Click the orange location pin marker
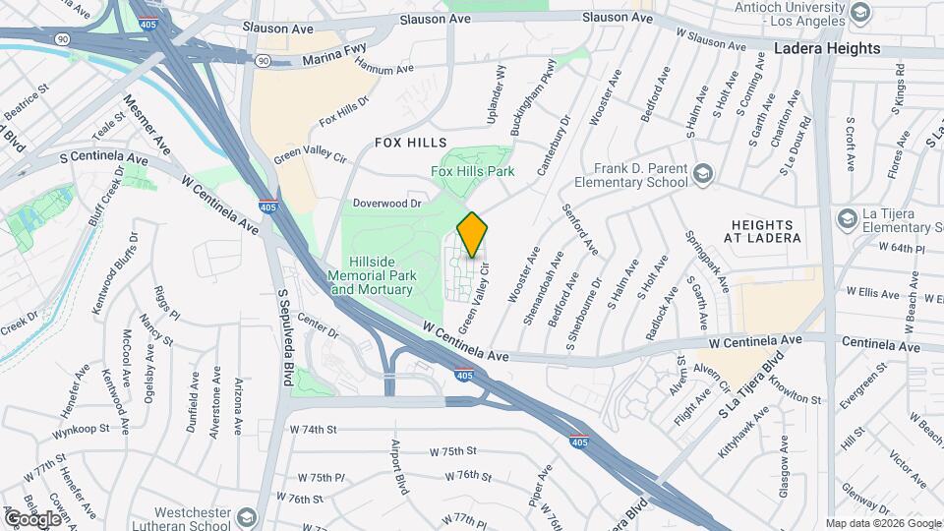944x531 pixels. click(473, 234)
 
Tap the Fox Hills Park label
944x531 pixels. click(473, 171)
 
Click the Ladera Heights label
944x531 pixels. click(826, 48)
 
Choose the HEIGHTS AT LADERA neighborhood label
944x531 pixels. click(767, 231)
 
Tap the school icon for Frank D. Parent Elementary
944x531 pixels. click(702, 175)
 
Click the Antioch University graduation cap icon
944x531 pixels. click(861, 12)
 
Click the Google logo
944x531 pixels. click(32, 518)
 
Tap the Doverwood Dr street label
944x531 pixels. click(387, 204)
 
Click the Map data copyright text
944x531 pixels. click(882, 523)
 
